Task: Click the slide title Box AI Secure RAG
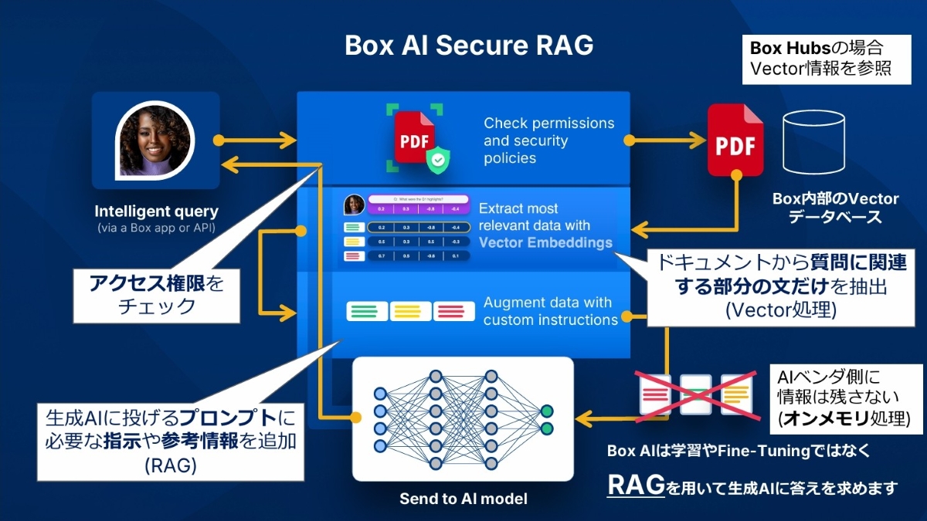click(469, 46)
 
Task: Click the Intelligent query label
click(156, 211)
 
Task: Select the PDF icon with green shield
click(416, 137)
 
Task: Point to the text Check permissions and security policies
click(548, 140)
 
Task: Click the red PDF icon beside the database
click(735, 140)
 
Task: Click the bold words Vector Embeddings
click(545, 242)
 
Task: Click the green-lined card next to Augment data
click(368, 311)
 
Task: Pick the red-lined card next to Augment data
click(454, 311)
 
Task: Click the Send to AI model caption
click(463, 499)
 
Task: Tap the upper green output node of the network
click(547, 411)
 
